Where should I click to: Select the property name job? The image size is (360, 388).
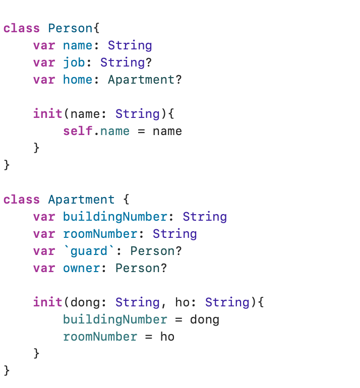[x=74, y=62]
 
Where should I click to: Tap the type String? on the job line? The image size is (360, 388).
[x=126, y=62]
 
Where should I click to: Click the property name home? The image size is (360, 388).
[x=78, y=80]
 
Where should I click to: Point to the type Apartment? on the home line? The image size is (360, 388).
[x=145, y=80]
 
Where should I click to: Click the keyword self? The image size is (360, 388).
[x=78, y=132]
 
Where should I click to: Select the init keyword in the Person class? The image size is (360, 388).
[x=48, y=114]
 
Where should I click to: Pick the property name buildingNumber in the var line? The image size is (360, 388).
[x=115, y=217]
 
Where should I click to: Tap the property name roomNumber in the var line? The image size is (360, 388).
[x=100, y=234]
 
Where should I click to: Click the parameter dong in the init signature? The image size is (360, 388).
[x=85, y=302]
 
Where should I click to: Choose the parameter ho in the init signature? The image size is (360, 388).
[x=182, y=302]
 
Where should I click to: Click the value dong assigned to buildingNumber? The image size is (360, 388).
[x=204, y=319]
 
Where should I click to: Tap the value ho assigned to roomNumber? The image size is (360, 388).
[x=167, y=337]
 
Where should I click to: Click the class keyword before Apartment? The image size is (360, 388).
[x=22, y=200]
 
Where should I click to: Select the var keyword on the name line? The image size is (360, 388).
[x=44, y=45]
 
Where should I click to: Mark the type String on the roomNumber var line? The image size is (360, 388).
[x=174, y=234]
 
